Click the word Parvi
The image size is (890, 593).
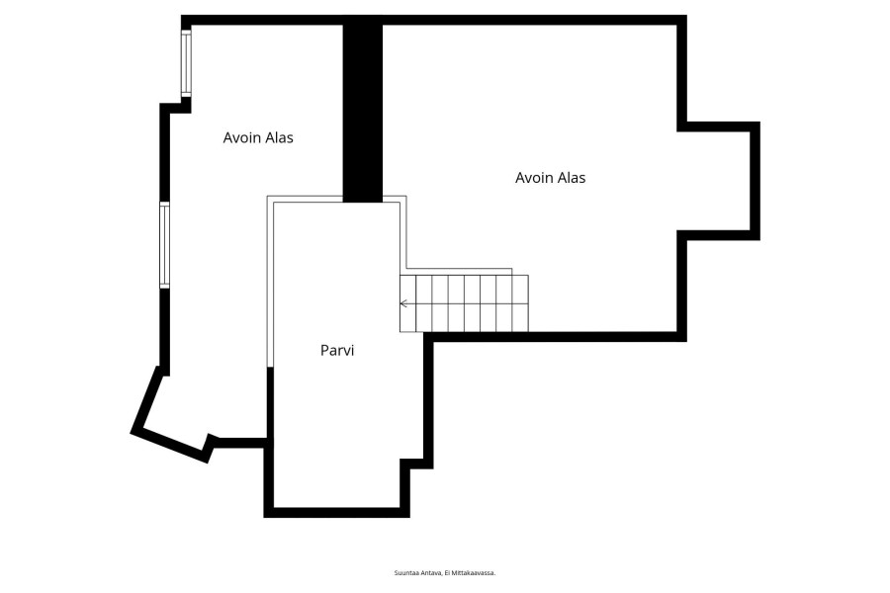tap(337, 350)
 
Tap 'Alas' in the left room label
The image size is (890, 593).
tap(279, 137)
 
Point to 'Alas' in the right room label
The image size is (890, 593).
tap(571, 178)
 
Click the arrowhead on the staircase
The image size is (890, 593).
tap(403, 303)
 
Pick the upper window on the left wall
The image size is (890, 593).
tap(186, 63)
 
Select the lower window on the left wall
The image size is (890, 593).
tap(164, 245)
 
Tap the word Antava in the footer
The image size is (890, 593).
tap(431, 573)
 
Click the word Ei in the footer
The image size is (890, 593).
tap(447, 573)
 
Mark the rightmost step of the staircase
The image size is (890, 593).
tap(520, 303)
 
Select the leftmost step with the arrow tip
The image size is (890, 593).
tap(408, 303)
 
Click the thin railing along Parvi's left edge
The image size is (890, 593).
tap(270, 282)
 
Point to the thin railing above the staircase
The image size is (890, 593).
tap(460, 271)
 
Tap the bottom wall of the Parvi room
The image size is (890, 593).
tap(336, 512)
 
